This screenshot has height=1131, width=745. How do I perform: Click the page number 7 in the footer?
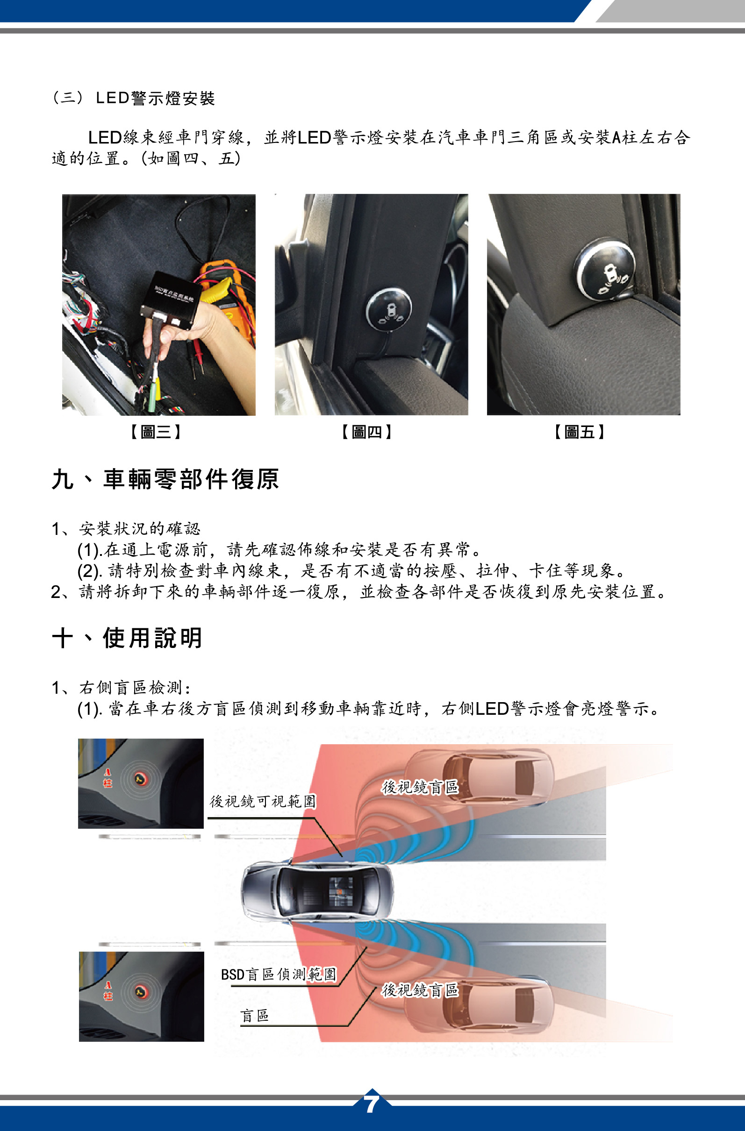(x=372, y=1103)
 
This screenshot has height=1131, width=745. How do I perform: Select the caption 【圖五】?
(x=579, y=432)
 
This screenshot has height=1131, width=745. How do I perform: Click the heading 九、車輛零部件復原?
(x=165, y=478)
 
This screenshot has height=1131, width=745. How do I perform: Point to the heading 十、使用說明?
(x=127, y=638)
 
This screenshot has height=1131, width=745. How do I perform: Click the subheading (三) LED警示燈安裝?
(x=134, y=98)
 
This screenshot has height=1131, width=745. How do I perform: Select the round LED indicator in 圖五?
(x=605, y=269)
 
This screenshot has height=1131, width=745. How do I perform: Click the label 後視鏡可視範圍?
(x=263, y=801)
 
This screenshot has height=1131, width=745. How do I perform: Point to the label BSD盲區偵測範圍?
(x=279, y=975)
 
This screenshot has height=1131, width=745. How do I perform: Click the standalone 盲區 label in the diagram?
(x=255, y=1016)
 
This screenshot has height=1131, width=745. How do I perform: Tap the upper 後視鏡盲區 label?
(x=420, y=787)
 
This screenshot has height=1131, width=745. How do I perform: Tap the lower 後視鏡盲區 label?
(x=420, y=990)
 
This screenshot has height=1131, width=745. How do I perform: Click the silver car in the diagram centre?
(x=318, y=891)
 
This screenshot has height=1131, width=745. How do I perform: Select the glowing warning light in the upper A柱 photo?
(x=140, y=779)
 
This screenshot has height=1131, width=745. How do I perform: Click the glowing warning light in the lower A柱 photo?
(x=140, y=992)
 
